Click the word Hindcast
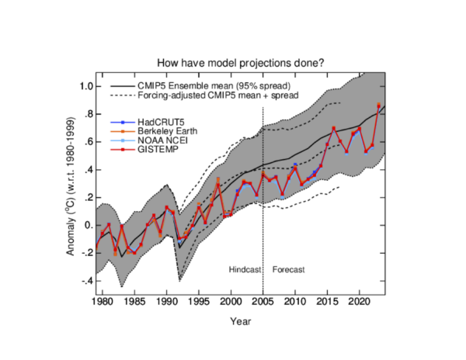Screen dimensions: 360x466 (x=244, y=269)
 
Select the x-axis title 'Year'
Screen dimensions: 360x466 (x=238, y=319)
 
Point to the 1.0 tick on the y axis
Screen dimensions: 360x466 (x=87, y=85)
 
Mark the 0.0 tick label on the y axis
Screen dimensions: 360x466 (x=88, y=226)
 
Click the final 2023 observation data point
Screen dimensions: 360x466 (x=379, y=105)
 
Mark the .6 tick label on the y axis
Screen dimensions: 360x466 (x=89, y=142)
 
